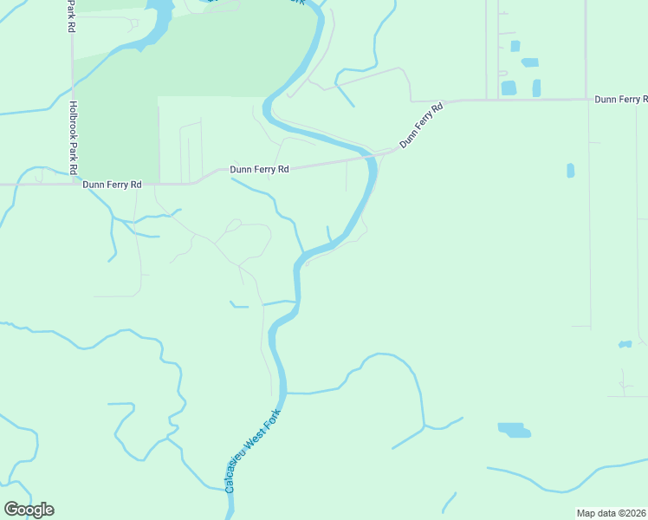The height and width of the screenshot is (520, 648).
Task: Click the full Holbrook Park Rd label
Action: pyautogui.click(x=74, y=137)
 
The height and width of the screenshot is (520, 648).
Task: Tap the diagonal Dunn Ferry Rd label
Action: pyautogui.click(x=421, y=125)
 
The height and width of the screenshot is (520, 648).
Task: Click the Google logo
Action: pyautogui.click(x=29, y=510)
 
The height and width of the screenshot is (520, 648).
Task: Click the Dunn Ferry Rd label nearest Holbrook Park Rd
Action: pyautogui.click(x=112, y=185)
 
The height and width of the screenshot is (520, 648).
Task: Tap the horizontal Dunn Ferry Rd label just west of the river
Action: pyautogui.click(x=259, y=170)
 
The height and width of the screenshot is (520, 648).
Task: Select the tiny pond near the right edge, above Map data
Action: pyautogui.click(x=625, y=344)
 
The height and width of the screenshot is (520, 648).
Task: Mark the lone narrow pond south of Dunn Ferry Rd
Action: pyautogui.click(x=570, y=170)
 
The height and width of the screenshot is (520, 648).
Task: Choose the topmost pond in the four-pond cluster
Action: pyautogui.click(x=515, y=46)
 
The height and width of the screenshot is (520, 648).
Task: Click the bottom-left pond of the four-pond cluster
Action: pyautogui.click(x=509, y=88)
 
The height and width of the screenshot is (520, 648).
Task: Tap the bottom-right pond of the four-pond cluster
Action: pyautogui.click(x=536, y=88)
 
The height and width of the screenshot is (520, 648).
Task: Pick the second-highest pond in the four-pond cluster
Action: pyautogui.click(x=529, y=62)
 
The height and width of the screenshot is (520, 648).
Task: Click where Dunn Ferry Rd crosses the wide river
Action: pyautogui.click(x=372, y=156)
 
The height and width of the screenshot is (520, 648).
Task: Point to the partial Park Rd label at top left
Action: pyautogui.click(x=69, y=16)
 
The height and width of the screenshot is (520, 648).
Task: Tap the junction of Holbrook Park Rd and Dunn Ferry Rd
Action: pyautogui.click(x=73, y=184)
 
